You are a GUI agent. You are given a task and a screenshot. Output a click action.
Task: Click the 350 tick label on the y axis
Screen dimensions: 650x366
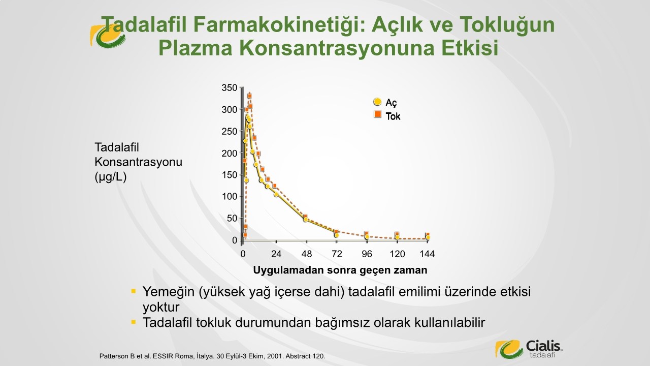pyautogui.click(x=229, y=88)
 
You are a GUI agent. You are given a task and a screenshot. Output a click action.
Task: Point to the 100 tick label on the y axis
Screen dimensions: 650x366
pyautogui.click(x=229, y=196)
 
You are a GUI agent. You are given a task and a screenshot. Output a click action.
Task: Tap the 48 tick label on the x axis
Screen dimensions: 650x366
pyautogui.click(x=306, y=254)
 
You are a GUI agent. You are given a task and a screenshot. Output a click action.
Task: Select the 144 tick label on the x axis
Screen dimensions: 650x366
pyautogui.click(x=427, y=254)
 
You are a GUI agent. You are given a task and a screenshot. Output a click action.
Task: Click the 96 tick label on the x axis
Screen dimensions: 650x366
pyautogui.click(x=367, y=254)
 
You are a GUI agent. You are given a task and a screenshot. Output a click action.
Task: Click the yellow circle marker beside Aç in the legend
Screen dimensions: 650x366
pyautogui.click(x=377, y=102)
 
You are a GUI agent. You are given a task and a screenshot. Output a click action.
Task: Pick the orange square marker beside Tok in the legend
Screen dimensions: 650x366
pyautogui.click(x=377, y=114)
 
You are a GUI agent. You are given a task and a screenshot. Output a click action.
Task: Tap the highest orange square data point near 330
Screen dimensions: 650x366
pyautogui.click(x=249, y=96)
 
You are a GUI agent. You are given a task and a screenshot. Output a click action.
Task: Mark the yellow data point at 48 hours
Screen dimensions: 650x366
pyautogui.click(x=306, y=219)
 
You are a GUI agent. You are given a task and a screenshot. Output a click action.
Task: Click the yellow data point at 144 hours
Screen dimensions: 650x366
pyautogui.click(x=428, y=237)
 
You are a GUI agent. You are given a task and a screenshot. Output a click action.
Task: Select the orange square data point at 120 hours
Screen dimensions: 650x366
pyautogui.click(x=397, y=234)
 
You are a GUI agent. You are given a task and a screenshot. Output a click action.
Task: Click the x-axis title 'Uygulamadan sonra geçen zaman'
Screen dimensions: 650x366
pyautogui.click(x=340, y=270)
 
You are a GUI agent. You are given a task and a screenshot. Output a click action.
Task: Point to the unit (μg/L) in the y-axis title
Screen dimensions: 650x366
pyautogui.click(x=111, y=177)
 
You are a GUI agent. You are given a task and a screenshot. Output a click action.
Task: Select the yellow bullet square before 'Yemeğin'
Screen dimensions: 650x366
pyautogui.click(x=134, y=291)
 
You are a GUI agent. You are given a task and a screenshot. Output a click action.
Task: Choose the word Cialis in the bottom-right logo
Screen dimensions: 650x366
pyautogui.click(x=543, y=346)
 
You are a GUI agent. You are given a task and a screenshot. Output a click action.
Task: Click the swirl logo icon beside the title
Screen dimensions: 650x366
pyautogui.click(x=107, y=36)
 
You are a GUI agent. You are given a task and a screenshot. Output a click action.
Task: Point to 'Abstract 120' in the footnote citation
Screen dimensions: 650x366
pyautogui.click(x=305, y=356)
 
